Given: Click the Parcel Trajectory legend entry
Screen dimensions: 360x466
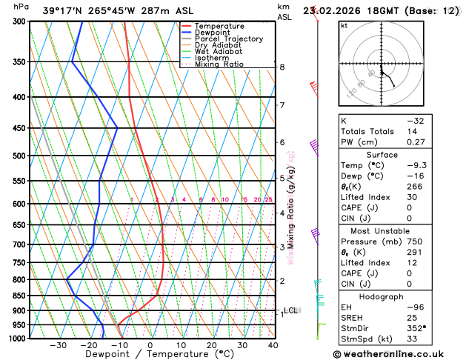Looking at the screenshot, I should coord(228,39).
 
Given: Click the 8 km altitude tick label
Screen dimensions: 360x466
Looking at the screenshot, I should coord(282,67).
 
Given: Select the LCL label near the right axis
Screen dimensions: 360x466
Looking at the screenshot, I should coord(290,310).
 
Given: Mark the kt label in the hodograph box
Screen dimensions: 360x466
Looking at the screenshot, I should coord(344,25).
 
